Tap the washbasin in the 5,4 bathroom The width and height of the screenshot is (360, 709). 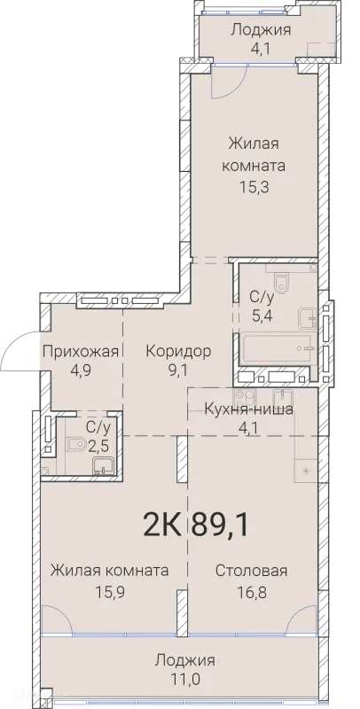click(x=307, y=316)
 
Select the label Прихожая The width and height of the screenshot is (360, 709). click(x=81, y=351)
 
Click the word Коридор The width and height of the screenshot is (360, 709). click(x=178, y=351)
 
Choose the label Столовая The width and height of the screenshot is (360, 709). click(x=251, y=571)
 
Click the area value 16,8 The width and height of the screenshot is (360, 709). click(x=251, y=590)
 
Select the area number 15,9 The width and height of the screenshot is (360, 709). click(x=109, y=590)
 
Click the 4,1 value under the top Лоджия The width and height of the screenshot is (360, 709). click(x=262, y=49)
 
